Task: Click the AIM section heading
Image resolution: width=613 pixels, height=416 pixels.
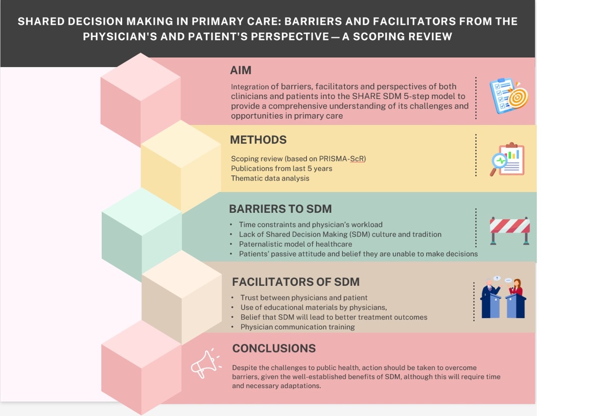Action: (x=241, y=71)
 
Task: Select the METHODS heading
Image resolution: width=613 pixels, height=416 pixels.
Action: (x=258, y=140)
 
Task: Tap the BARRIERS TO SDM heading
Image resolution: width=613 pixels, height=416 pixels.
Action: (x=280, y=209)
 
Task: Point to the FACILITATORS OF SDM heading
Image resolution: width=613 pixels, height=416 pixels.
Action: (x=296, y=282)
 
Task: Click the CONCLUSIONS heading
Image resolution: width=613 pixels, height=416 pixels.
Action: (x=274, y=349)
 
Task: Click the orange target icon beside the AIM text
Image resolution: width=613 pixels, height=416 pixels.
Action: (x=518, y=97)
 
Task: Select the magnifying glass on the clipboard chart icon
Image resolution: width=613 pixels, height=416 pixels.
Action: (x=499, y=164)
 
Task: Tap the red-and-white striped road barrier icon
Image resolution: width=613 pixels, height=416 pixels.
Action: (x=510, y=230)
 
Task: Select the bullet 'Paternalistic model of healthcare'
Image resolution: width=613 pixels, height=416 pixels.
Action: (x=296, y=244)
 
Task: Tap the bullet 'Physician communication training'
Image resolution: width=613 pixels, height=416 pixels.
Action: (x=297, y=327)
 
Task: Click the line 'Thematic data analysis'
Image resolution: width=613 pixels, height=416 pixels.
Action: (x=270, y=178)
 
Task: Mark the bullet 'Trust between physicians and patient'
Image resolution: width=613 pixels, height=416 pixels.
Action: (x=304, y=298)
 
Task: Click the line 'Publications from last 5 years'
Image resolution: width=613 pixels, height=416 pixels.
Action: (x=281, y=169)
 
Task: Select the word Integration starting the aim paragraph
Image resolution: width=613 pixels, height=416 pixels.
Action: (x=250, y=87)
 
